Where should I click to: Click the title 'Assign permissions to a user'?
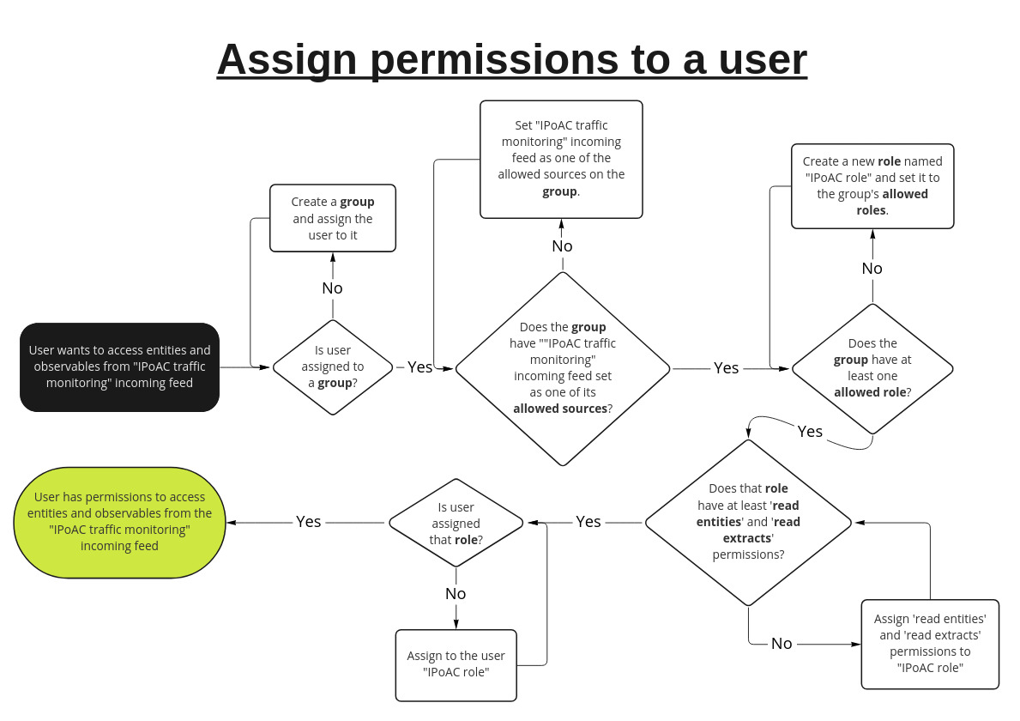tap(511, 59)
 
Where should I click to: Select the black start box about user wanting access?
tap(119, 367)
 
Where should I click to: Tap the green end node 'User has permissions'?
tap(119, 522)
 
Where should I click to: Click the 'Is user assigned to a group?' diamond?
tap(333, 367)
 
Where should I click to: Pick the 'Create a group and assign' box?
tap(333, 218)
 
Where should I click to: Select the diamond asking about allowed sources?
tap(562, 368)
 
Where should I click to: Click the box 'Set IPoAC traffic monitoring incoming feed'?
tap(561, 159)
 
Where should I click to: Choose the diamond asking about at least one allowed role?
tap(872, 368)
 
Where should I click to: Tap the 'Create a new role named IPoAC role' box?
tap(872, 186)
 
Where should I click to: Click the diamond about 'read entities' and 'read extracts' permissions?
tap(747, 522)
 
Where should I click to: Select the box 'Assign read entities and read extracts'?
tap(930, 644)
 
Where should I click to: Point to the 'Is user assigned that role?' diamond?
tap(456, 523)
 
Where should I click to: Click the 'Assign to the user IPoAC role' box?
tap(456, 664)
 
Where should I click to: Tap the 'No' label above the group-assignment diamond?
tap(332, 288)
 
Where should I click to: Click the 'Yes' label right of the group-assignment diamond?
tap(419, 367)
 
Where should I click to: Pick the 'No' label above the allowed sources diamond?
tap(562, 246)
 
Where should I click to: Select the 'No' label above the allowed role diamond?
tap(872, 269)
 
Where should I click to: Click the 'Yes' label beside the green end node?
tap(308, 522)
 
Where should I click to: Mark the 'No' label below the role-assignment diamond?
tap(456, 594)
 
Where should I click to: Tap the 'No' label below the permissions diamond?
tap(782, 644)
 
